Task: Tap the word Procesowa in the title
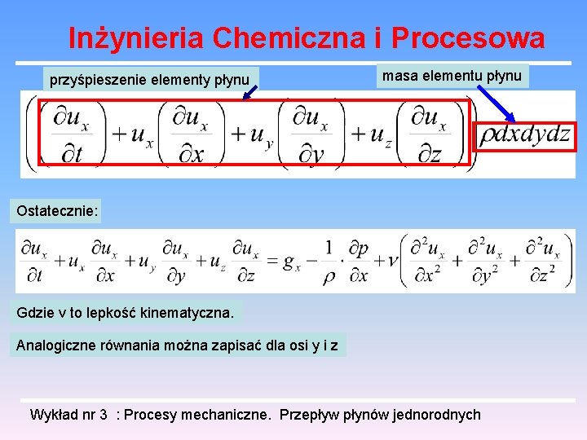point(467,37)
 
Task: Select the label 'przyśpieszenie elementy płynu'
point(149,80)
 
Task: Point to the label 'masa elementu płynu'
point(452,76)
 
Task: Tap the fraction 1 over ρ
point(329,261)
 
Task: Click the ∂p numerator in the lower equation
point(359,248)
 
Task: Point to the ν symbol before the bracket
point(391,261)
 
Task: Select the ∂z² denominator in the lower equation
point(542,276)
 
